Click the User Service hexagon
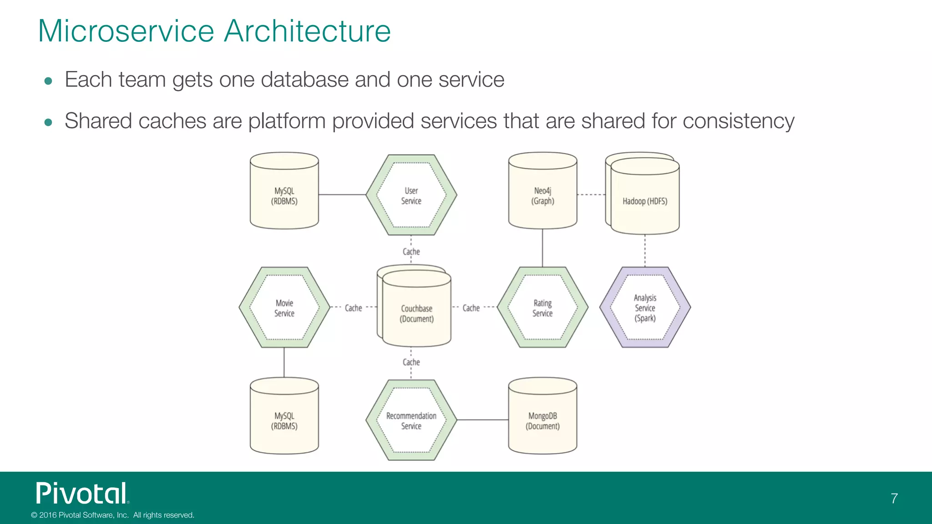tap(411, 195)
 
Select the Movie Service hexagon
tap(284, 307)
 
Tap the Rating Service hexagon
tap(542, 307)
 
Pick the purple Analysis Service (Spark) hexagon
tap(645, 307)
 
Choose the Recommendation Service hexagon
tap(411, 420)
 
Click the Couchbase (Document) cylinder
tap(416, 313)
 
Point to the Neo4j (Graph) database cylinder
tap(542, 195)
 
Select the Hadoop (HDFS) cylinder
tap(645, 201)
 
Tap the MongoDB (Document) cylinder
tap(542, 420)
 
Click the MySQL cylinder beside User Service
tap(284, 195)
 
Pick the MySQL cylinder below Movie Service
tap(284, 420)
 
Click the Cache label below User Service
tap(411, 252)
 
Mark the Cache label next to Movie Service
tap(353, 308)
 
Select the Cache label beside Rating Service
tap(471, 308)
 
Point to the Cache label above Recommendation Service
tap(411, 362)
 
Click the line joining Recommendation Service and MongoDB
tap(482, 420)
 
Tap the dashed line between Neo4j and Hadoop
tap(591, 195)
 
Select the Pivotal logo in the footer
tap(82, 494)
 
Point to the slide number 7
tap(894, 499)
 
